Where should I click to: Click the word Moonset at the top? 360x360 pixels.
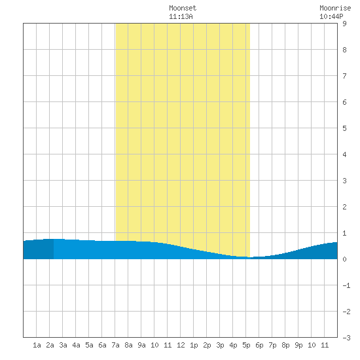pyautogui.click(x=183, y=8)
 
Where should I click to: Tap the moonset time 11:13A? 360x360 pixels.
pyautogui.click(x=181, y=16)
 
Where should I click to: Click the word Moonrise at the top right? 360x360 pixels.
pyautogui.click(x=335, y=8)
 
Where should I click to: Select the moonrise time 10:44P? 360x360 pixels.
pyautogui.click(x=331, y=16)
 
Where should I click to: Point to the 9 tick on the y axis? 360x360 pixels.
pyautogui.click(x=344, y=24)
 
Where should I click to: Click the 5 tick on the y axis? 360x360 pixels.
pyautogui.click(x=344, y=128)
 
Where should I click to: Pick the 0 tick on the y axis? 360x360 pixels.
pyautogui.click(x=344, y=259)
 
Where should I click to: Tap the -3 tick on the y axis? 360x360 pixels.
pyautogui.click(x=346, y=338)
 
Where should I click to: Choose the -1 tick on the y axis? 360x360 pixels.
pyautogui.click(x=346, y=285)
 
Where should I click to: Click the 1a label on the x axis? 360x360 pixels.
pyautogui.click(x=37, y=345)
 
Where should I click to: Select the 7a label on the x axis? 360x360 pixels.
pyautogui.click(x=115, y=345)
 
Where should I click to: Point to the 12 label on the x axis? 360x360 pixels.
pyautogui.click(x=181, y=345)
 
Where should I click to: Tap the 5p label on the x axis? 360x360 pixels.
pyautogui.click(x=246, y=345)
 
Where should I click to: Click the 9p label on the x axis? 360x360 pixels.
pyautogui.click(x=298, y=345)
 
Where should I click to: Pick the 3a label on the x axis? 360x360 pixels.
pyautogui.click(x=63, y=345)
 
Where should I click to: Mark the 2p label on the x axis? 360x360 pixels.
pyautogui.click(x=207, y=345)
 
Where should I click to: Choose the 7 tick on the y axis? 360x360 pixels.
pyautogui.click(x=344, y=76)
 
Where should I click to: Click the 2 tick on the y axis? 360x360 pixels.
pyautogui.click(x=344, y=207)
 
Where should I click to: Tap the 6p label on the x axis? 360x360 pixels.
pyautogui.click(x=259, y=345)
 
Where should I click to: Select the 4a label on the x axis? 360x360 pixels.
pyautogui.click(x=76, y=345)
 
